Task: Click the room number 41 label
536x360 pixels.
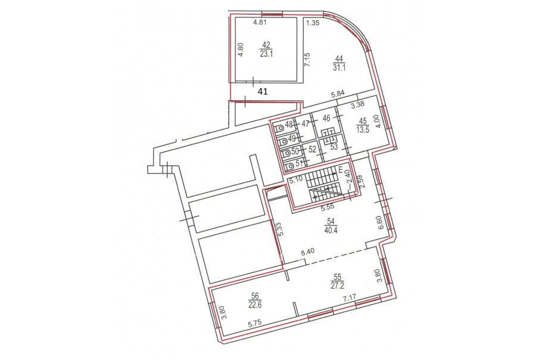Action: point(263,92)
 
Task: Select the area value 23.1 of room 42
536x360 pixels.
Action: point(266,54)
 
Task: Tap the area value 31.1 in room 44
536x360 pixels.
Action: point(339,67)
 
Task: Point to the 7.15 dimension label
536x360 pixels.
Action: point(307,60)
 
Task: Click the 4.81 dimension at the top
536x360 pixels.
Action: point(260,23)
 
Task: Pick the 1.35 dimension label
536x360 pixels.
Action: point(313,23)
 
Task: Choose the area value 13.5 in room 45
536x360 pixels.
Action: point(363,130)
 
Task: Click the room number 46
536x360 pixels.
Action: point(326,118)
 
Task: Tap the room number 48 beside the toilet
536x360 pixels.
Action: point(289,125)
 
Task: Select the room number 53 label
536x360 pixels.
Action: point(334,147)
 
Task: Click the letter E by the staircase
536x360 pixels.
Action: point(341,169)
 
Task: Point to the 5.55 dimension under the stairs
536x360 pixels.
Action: point(327,206)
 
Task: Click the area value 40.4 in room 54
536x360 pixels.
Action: point(331,230)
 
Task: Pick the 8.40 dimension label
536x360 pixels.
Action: point(307,252)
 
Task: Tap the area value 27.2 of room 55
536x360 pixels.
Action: point(338,285)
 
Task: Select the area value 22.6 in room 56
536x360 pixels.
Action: point(255,305)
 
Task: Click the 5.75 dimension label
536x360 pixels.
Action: point(255,323)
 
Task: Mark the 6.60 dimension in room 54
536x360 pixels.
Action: point(382,223)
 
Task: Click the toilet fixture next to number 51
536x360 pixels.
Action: point(289,167)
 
